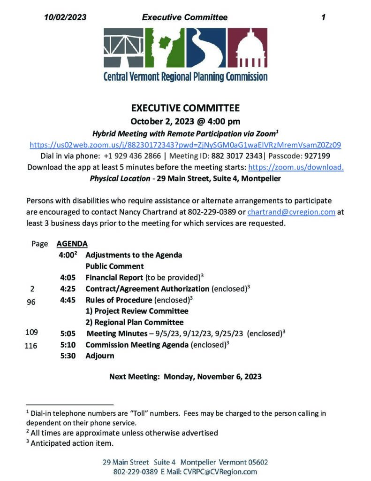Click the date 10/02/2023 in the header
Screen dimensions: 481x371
[65, 17]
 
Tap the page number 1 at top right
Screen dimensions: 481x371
[324, 17]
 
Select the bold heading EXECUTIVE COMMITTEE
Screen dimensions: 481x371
[185, 108]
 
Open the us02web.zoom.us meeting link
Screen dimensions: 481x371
[185, 145]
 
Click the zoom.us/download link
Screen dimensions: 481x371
[295, 167]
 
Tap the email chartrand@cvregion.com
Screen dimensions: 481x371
[291, 212]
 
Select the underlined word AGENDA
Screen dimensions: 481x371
[72, 244]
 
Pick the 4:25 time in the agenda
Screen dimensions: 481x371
[68, 288]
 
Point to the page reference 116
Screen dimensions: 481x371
[31, 346]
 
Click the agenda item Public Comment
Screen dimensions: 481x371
[114, 266]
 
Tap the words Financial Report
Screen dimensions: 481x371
[114, 278]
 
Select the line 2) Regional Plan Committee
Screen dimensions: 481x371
[134, 322]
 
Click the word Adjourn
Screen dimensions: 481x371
[99, 356]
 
